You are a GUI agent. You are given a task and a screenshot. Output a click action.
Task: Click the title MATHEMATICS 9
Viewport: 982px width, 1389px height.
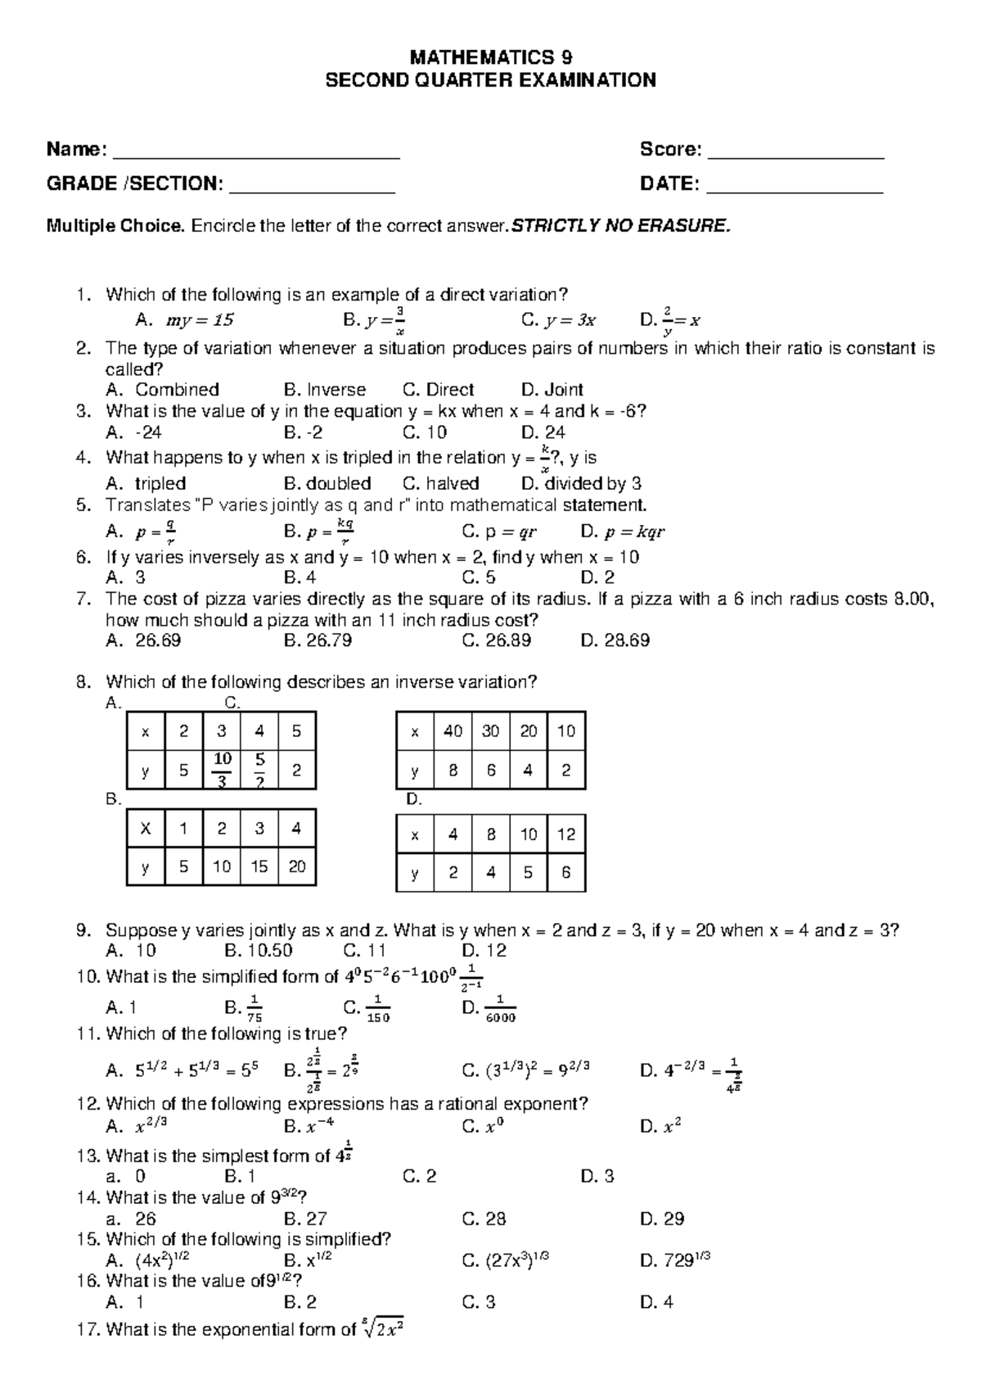(x=490, y=57)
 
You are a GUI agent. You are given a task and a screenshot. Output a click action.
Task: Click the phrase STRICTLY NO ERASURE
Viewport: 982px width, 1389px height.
(x=619, y=226)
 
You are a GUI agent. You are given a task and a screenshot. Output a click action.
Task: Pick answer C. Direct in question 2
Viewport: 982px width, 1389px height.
(x=439, y=390)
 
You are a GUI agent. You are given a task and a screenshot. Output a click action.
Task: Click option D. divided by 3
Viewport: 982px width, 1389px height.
(x=581, y=483)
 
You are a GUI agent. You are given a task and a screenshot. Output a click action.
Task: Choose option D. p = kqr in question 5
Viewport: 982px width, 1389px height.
(x=622, y=532)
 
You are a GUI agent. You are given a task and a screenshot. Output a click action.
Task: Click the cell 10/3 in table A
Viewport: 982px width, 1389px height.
(x=222, y=770)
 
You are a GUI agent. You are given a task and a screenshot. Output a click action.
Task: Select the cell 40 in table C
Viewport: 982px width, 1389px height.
(x=453, y=731)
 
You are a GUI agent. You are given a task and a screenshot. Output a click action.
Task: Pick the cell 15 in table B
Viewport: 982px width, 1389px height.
(x=259, y=866)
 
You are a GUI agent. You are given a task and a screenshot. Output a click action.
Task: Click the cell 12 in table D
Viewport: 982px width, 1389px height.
(x=566, y=835)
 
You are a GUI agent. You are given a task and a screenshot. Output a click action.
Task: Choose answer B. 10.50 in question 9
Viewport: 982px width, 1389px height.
(x=258, y=951)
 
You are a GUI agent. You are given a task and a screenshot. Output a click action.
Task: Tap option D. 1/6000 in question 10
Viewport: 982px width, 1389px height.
(x=489, y=1008)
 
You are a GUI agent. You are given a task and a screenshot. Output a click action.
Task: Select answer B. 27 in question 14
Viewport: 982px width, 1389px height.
(x=305, y=1219)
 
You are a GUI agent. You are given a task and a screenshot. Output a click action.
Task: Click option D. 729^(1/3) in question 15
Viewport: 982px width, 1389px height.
(x=675, y=1260)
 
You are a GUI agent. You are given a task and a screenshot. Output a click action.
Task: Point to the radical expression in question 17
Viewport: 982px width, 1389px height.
(x=382, y=1328)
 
